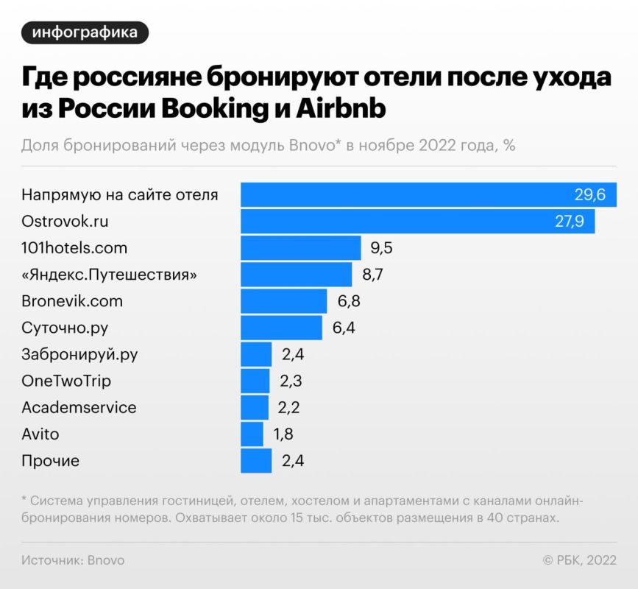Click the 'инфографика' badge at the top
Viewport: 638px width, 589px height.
tap(85, 32)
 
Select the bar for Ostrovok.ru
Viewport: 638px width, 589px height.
tap(417, 222)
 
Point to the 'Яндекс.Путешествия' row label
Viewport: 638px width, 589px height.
tap(110, 275)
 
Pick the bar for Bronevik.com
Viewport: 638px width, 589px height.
tap(283, 301)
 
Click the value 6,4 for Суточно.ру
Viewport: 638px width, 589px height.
tap(344, 328)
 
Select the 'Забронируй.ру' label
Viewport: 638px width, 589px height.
tap(79, 354)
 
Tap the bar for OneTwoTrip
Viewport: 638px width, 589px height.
tap(255, 381)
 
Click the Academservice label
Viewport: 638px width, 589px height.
tap(79, 407)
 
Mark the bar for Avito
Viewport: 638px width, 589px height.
tap(252, 434)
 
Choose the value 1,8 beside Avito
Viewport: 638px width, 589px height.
tap(283, 434)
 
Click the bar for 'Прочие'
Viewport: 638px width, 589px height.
tap(256, 461)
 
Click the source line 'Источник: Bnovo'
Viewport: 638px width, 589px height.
tap(73, 560)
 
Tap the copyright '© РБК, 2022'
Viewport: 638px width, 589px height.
tap(579, 560)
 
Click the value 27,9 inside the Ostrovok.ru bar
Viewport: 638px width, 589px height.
tap(570, 222)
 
